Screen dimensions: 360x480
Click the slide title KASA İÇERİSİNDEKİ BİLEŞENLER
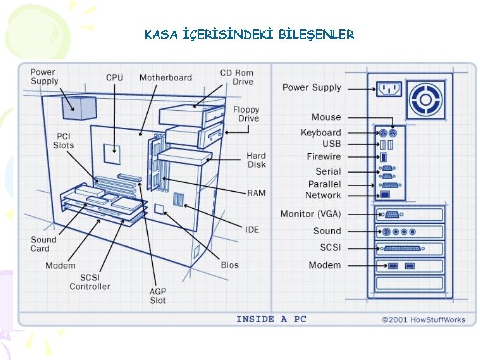pos(249,35)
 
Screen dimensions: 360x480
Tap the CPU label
pos(115,77)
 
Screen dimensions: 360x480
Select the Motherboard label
pos(165,77)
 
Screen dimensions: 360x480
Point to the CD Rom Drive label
pos(237,77)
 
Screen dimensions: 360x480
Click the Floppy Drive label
pos(246,114)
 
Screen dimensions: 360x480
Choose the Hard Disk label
pos(256,160)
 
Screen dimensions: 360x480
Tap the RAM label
pos(256,193)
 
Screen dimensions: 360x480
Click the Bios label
pos(230,265)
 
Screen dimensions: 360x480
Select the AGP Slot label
pos(157,295)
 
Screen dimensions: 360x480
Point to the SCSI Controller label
pos(90,282)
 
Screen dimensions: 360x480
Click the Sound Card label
pos(43,244)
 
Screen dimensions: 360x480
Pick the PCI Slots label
pos(63,141)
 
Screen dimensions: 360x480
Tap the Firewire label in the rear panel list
pos(323,157)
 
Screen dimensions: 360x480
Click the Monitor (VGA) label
pos(311,214)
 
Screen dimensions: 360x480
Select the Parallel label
pos(324,183)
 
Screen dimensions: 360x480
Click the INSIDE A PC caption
pos(271,319)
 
